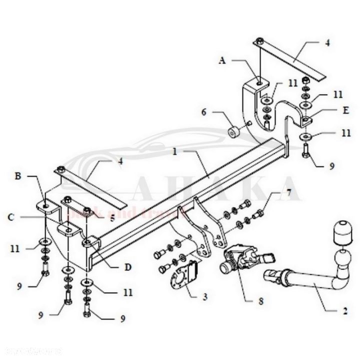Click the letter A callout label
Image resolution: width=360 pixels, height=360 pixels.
(223, 60)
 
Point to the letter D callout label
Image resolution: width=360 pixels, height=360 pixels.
(128, 267)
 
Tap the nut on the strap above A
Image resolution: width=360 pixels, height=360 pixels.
(260, 41)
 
